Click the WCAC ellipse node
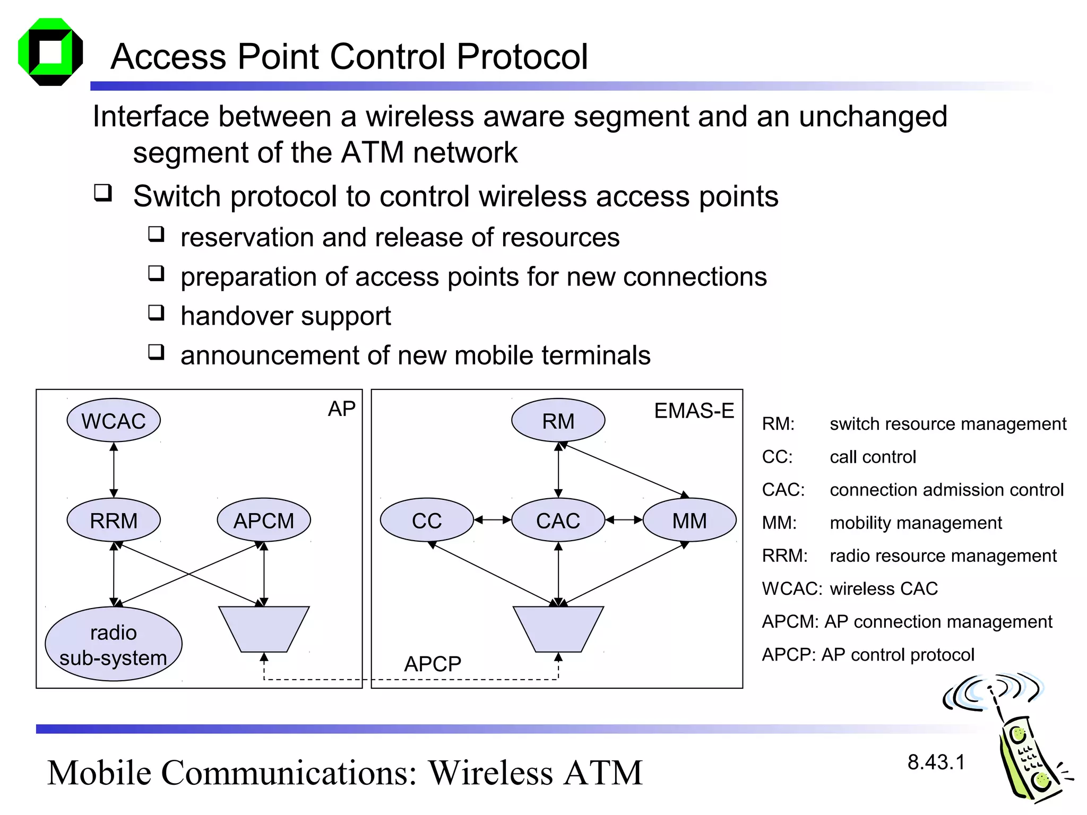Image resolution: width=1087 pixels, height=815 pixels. (x=114, y=421)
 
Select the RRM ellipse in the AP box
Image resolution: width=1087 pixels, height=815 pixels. (x=114, y=521)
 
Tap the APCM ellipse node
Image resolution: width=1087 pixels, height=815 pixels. (x=264, y=521)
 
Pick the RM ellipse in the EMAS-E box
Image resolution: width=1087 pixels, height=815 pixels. (x=558, y=421)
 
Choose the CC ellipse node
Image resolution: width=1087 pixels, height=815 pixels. (x=427, y=521)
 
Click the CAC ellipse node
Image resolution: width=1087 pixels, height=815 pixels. (x=558, y=521)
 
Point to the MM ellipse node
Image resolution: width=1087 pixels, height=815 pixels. (x=689, y=521)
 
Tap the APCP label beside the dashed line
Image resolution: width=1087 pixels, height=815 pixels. (x=433, y=664)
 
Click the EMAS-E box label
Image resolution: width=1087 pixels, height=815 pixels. (x=694, y=411)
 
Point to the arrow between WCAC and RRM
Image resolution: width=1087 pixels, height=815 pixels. (x=114, y=470)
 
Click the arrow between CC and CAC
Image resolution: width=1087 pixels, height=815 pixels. (x=493, y=520)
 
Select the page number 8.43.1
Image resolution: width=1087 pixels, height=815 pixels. (x=936, y=762)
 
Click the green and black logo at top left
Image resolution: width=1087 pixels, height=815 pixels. (x=50, y=52)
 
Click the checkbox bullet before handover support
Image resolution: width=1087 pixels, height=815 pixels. (x=156, y=313)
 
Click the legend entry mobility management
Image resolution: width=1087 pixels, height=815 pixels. (x=916, y=523)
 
